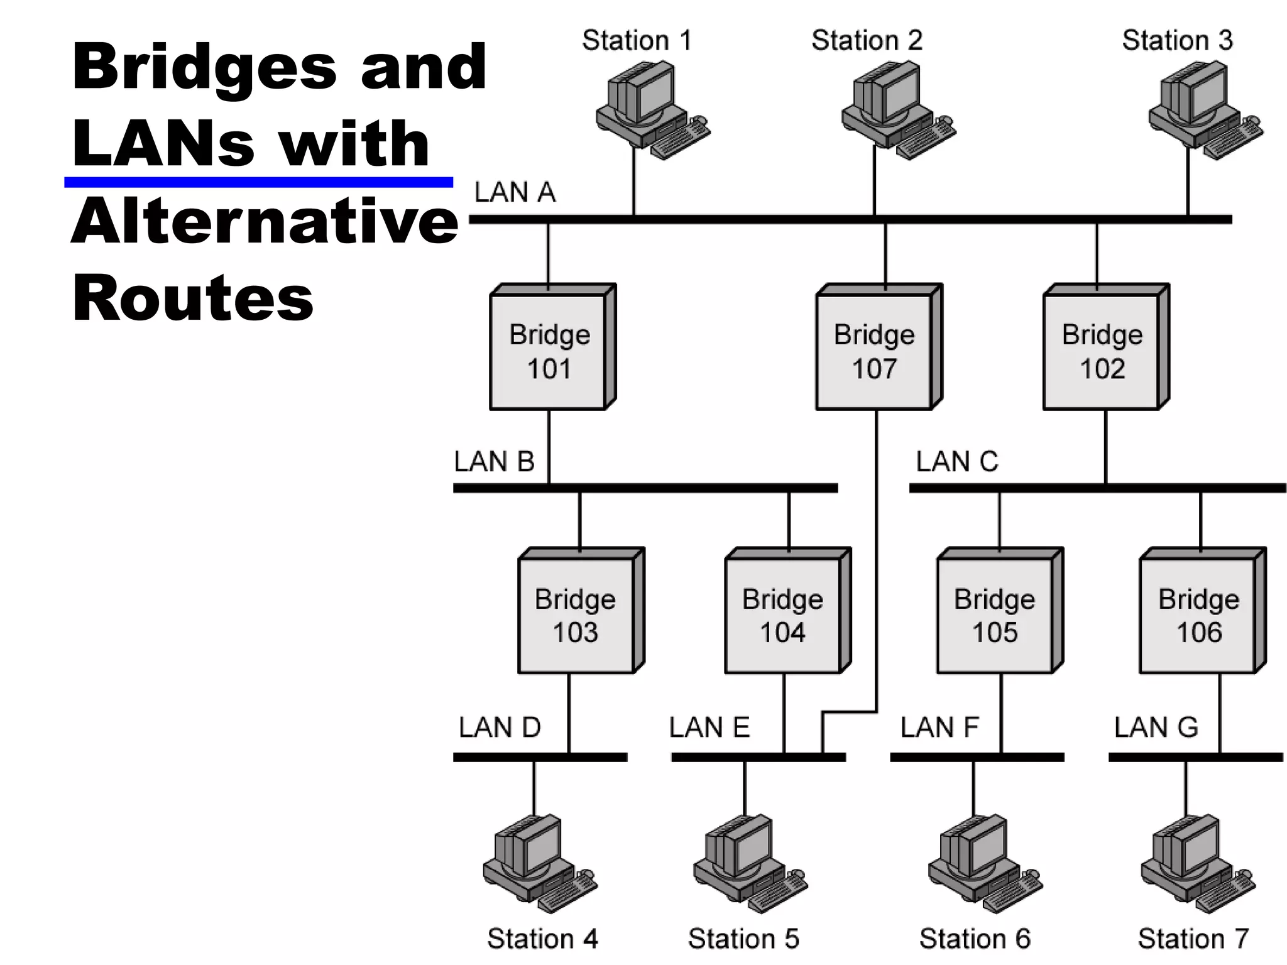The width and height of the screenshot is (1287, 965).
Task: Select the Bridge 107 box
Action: coord(874,351)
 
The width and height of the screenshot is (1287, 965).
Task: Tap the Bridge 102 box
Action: coord(1102,351)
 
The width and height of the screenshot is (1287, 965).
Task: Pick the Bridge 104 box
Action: coord(782,614)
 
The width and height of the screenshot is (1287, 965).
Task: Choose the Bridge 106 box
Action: coord(1198,614)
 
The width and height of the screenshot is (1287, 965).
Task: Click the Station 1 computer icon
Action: coord(650,110)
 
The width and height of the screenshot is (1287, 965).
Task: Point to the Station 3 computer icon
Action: coord(1203,110)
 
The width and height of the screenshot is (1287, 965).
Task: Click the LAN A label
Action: coord(515,192)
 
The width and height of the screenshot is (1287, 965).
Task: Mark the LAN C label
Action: coord(956,462)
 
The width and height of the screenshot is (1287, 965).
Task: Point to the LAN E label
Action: coord(709,728)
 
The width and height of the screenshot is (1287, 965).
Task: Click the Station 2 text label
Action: coord(867,41)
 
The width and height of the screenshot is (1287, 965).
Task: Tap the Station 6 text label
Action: coord(975,939)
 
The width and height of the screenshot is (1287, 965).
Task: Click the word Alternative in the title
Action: coord(265,221)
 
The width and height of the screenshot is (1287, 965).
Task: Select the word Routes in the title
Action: coord(192,299)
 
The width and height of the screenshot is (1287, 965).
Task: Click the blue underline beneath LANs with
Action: coord(258,182)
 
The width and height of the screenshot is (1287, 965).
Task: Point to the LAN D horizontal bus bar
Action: coord(540,757)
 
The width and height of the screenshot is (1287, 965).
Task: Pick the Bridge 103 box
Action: coord(575,614)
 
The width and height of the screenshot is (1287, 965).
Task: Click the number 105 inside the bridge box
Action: coord(995,632)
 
